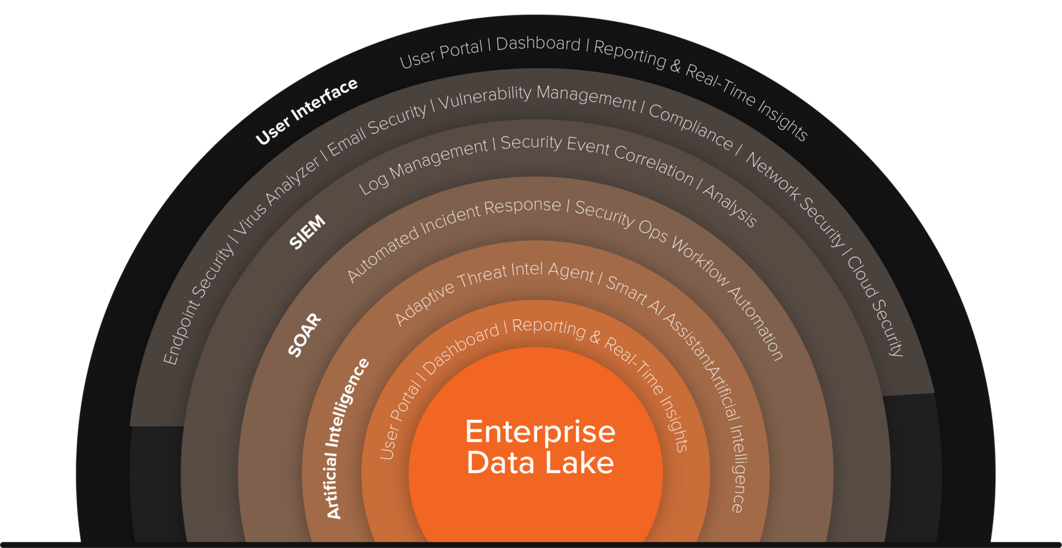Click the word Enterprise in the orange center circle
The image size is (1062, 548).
click(540, 432)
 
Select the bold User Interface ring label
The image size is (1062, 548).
click(307, 111)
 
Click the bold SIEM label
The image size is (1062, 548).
click(307, 232)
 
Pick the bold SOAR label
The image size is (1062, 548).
click(305, 335)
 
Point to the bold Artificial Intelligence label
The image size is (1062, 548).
click(346, 439)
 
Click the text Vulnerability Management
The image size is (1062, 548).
click(536, 97)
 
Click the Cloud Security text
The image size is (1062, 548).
click(875, 306)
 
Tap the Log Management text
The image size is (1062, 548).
click(423, 166)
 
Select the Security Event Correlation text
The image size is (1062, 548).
click(597, 157)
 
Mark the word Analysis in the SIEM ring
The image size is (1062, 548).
click(730, 206)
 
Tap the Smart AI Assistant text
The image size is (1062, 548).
click(657, 318)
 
